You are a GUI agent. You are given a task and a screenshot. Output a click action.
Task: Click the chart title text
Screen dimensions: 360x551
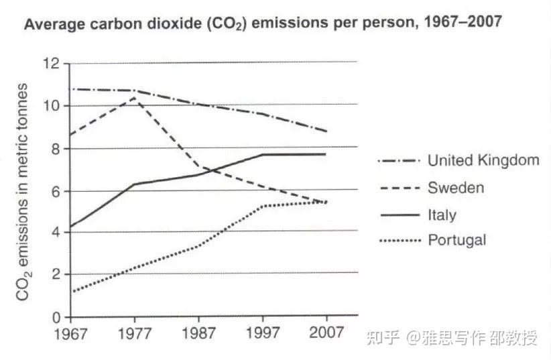(263, 24)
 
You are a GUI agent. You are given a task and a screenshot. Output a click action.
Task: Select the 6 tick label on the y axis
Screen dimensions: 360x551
(56, 190)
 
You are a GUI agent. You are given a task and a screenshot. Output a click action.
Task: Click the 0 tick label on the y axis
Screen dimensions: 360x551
(56, 317)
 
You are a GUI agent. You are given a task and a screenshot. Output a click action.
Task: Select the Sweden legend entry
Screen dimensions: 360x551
(455, 188)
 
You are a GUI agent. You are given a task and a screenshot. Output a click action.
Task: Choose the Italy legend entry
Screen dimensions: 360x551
(442, 215)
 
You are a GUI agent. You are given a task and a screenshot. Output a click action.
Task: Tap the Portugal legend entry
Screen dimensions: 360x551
(456, 240)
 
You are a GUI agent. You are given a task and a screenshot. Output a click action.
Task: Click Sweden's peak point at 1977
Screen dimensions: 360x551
(135, 98)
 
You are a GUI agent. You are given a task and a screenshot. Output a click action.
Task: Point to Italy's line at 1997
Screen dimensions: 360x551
(262, 154)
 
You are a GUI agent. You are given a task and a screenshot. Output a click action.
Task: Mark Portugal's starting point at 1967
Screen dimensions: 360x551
(71, 292)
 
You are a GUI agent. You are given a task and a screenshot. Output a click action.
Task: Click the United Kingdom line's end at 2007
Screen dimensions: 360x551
(326, 131)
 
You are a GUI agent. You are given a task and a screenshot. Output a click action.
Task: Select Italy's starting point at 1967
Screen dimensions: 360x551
(71, 227)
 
